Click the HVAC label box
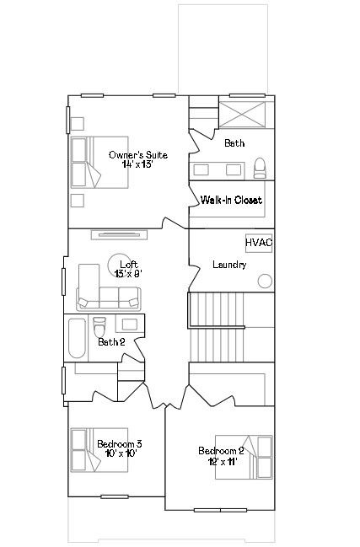click(259, 243)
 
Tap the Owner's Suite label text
click(138, 155)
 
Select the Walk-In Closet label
click(231, 200)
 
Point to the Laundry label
click(229, 265)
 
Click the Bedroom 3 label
click(120, 444)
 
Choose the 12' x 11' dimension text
click(223, 462)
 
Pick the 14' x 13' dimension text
click(137, 164)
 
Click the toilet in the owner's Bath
click(260, 168)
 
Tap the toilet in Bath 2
click(99, 326)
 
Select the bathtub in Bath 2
click(77, 338)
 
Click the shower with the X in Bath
click(242, 115)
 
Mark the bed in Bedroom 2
click(244, 457)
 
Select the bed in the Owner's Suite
click(99, 162)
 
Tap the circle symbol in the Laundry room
click(265, 282)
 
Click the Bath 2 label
click(111, 342)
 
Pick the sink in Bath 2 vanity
click(130, 324)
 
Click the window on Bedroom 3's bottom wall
click(115, 496)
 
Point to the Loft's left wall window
click(64, 282)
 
